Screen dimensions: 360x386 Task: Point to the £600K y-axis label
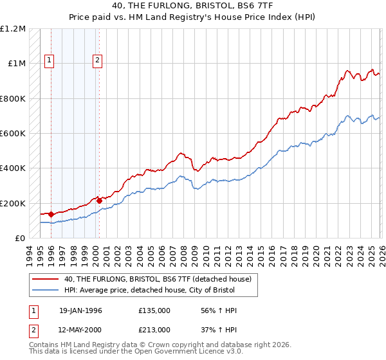pyautogui.click(x=13, y=134)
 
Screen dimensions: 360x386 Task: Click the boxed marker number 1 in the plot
pyautogui.click(x=50, y=61)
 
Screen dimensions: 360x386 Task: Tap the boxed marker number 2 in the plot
pyautogui.click(x=97, y=61)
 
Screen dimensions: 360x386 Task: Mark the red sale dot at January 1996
pyautogui.click(x=51, y=215)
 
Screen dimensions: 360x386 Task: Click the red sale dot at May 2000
pyautogui.click(x=99, y=201)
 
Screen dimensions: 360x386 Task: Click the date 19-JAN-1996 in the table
pyautogui.click(x=80, y=310)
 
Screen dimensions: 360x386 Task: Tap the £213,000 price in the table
pyautogui.click(x=154, y=329)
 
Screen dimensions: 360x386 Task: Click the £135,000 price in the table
pyautogui.click(x=154, y=310)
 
